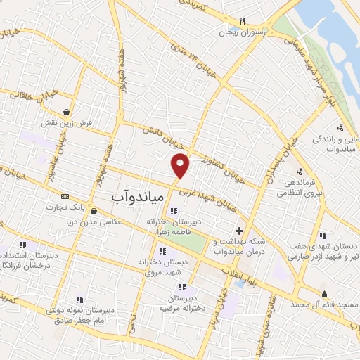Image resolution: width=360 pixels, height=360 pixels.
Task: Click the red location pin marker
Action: click(x=181, y=165)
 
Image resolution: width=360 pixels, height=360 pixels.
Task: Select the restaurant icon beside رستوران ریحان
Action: click(x=242, y=21)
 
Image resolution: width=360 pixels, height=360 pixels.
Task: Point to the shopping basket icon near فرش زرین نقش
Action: click(x=66, y=112)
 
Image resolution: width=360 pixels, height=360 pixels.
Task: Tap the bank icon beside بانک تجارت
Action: click(x=65, y=197)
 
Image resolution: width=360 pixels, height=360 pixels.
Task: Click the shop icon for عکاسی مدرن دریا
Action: click(x=94, y=211)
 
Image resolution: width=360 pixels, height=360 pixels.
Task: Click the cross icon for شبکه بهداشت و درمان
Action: click(x=240, y=231)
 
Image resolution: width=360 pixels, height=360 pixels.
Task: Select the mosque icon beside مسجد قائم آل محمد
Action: click(x=324, y=294)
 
